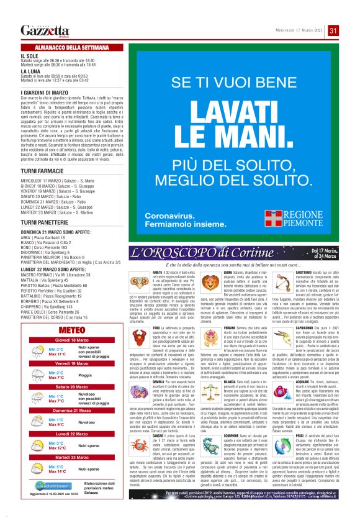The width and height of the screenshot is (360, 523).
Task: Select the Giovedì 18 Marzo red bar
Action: coord(71,340)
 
